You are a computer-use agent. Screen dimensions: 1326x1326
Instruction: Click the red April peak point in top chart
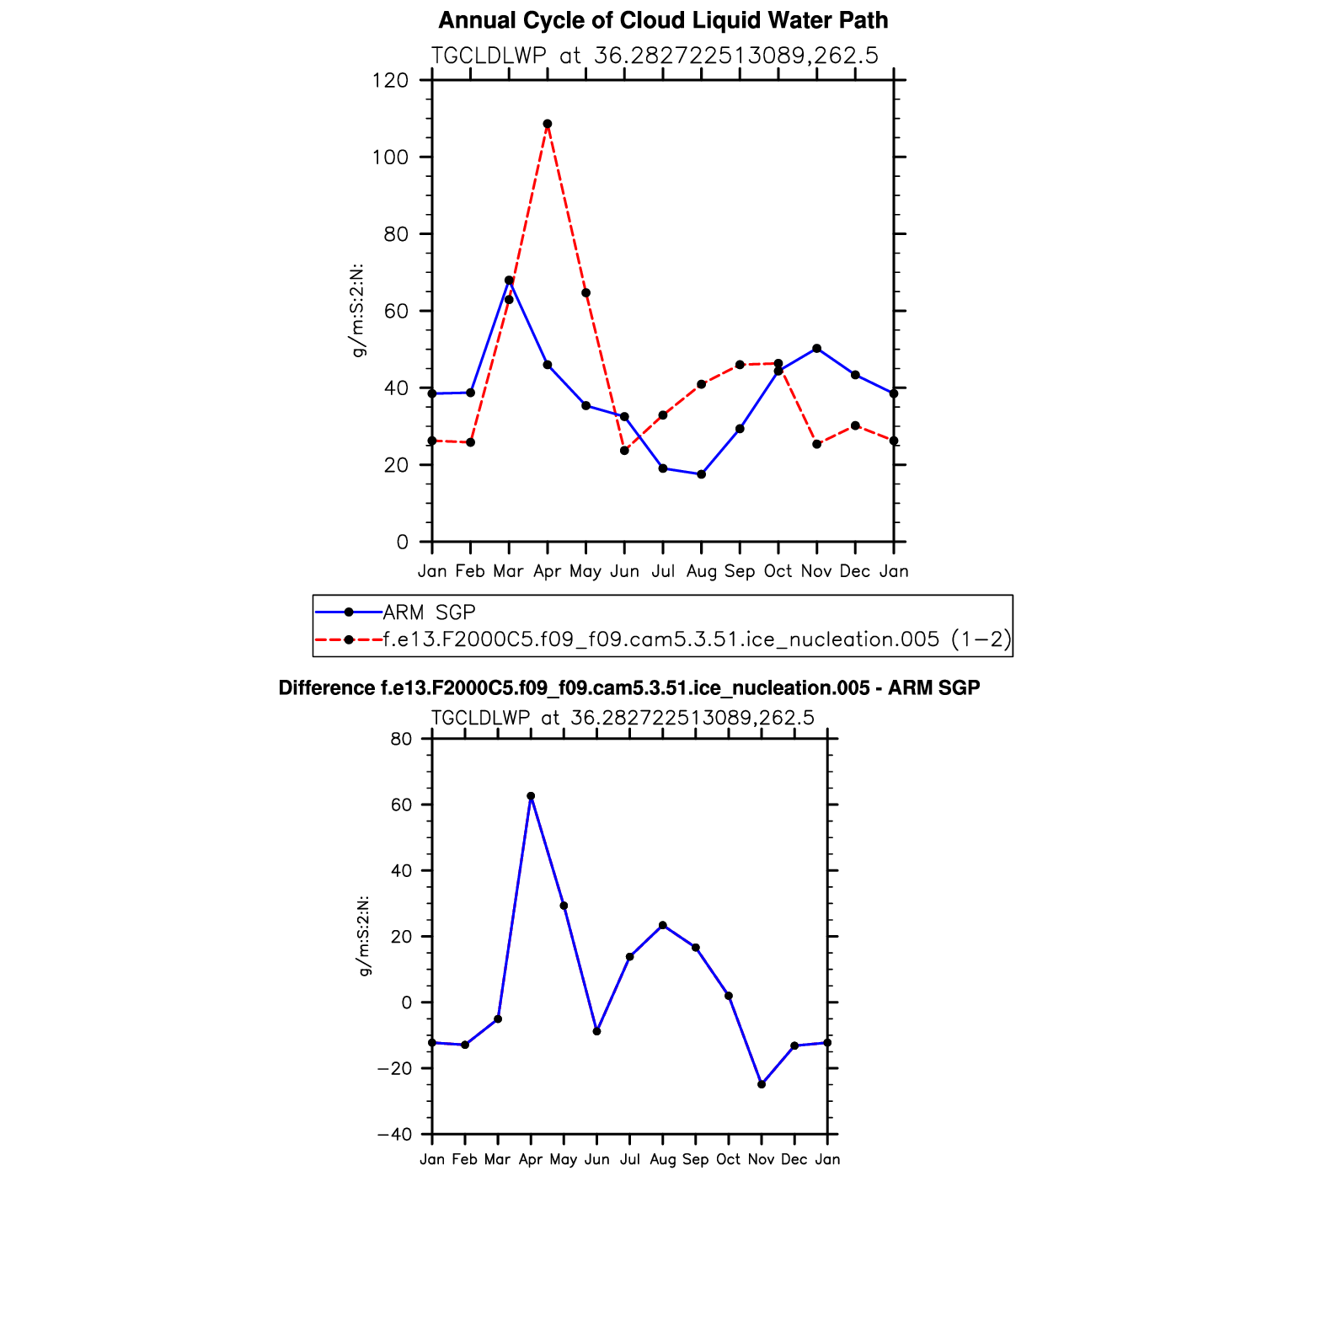point(548,124)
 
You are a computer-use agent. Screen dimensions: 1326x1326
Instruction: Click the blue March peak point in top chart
point(509,281)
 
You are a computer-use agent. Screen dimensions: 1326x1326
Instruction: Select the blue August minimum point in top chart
point(701,474)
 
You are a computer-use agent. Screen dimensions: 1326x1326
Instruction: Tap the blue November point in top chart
point(816,348)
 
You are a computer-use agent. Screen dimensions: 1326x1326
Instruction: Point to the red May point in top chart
point(585,293)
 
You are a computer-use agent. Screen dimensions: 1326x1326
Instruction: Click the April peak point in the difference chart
point(531,796)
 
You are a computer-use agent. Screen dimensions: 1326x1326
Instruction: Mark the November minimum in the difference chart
point(762,1084)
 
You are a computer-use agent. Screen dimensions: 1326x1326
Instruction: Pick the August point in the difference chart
point(663,925)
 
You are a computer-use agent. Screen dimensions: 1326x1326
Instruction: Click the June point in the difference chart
point(597,1031)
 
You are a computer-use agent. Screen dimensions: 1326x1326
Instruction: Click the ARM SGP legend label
point(429,612)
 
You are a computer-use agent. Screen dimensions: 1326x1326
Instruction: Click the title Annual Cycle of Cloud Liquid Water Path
point(663,20)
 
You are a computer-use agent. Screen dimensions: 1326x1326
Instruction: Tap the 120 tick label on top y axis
point(390,81)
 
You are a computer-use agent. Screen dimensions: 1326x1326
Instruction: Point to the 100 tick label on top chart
point(390,158)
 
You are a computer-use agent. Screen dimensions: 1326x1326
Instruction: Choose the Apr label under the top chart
point(548,571)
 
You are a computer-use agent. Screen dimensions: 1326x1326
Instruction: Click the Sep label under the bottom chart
point(696,1159)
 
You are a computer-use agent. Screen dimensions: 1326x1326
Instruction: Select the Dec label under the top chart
point(855,571)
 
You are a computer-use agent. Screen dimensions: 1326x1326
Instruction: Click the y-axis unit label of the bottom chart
point(365,936)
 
